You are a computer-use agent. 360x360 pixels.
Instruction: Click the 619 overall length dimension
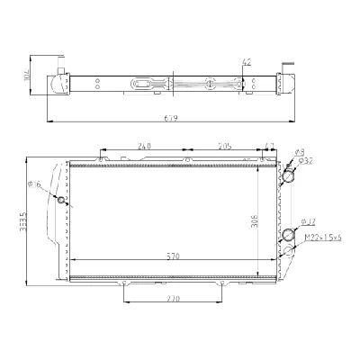tap(169, 117)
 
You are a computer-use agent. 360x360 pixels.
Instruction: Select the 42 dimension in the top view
tap(246, 62)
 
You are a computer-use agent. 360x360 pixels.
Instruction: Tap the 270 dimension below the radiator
tap(172, 298)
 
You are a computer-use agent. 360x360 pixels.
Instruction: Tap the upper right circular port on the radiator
tap(288, 177)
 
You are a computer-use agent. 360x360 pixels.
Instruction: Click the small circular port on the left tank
tap(62, 199)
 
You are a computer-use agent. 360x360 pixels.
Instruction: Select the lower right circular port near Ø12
tap(289, 236)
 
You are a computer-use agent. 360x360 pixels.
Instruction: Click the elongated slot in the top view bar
tap(145, 84)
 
